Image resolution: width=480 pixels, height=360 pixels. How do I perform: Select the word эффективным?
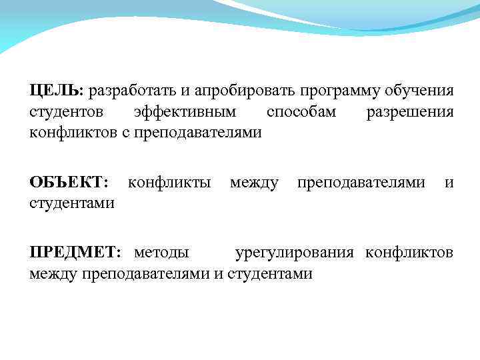click(190, 111)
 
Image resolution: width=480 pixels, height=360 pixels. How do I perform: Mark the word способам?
click(301, 111)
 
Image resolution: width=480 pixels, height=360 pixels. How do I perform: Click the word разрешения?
click(410, 111)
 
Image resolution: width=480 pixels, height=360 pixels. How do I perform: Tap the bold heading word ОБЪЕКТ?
click(66, 182)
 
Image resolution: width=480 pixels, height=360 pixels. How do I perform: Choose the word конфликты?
click(169, 182)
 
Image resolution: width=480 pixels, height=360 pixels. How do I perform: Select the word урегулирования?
click(297, 253)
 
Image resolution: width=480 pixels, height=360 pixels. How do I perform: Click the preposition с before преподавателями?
click(125, 133)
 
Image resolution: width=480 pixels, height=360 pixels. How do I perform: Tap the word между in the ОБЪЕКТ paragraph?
click(254, 182)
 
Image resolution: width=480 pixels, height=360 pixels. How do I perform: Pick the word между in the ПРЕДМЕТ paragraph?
click(53, 274)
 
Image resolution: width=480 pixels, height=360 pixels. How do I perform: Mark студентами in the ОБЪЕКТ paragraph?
click(71, 203)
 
